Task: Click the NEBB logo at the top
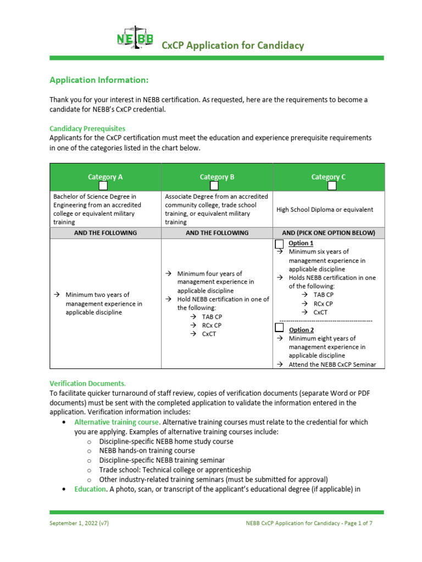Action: tap(135, 39)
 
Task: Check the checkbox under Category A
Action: tap(103, 186)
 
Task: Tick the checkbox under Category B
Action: tap(215, 186)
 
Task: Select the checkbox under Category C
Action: tap(332, 186)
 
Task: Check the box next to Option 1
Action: tap(280, 244)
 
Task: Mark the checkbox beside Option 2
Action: tap(280, 328)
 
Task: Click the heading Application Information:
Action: tap(99, 80)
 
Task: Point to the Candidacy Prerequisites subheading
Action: tap(87, 128)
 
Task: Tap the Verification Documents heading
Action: tap(87, 383)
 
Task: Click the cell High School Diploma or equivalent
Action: tap(325, 209)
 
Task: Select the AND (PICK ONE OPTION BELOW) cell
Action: tap(329, 233)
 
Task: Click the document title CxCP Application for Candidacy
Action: tap(232, 46)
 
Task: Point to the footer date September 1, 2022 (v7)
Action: tap(79, 523)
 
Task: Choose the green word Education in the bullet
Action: tap(90, 489)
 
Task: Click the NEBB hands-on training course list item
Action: tap(147, 451)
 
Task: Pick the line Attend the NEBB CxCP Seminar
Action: tap(329, 364)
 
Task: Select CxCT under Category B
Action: tap(209, 334)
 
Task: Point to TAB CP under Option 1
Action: tap(324, 295)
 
